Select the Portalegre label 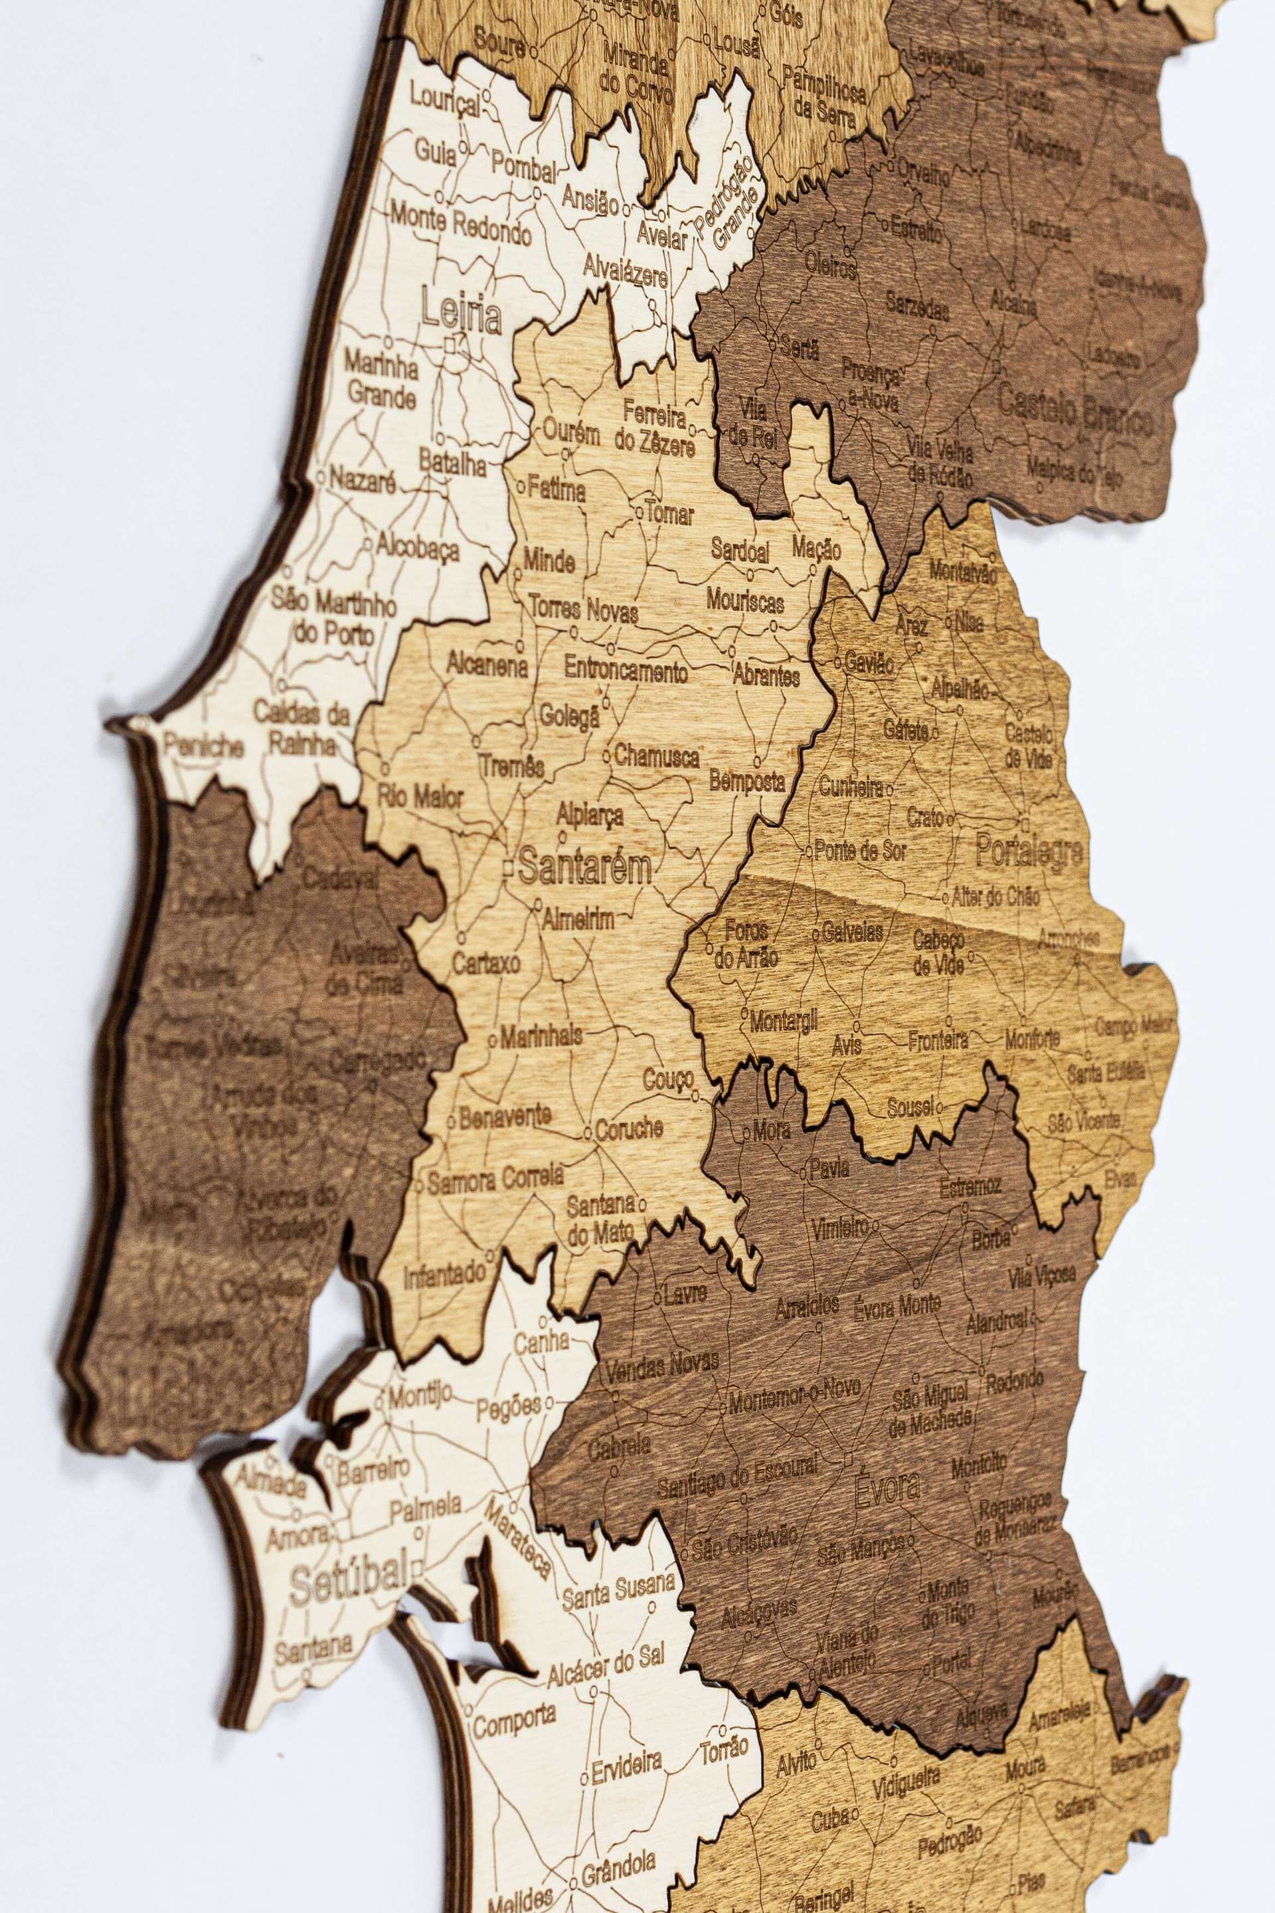(1029, 852)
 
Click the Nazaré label (363, 481)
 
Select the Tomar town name (671, 514)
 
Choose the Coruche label (629, 1130)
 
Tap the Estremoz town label (970, 1187)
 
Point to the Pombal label (524, 167)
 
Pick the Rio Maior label (420, 796)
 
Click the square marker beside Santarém (507, 869)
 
